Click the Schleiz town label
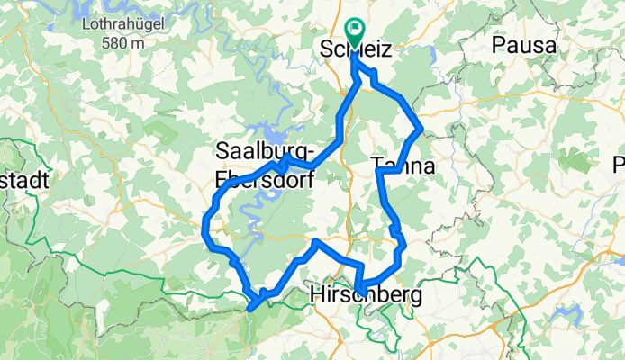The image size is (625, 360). click(x=357, y=52)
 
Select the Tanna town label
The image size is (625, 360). click(x=403, y=166)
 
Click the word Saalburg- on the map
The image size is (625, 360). click(x=265, y=149)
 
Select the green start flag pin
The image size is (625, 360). click(x=352, y=33)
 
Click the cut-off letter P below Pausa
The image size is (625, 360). click(x=619, y=165)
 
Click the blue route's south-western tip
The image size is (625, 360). click(x=249, y=309)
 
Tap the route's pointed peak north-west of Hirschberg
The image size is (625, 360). click(x=314, y=242)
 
